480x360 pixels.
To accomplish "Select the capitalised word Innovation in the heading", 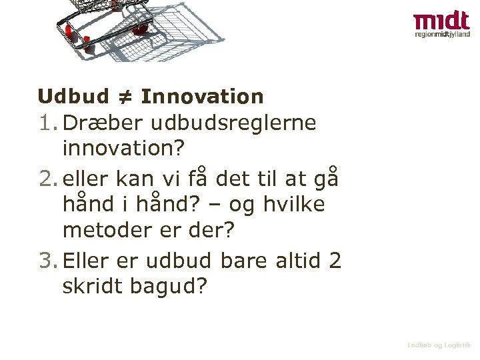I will coord(202,97).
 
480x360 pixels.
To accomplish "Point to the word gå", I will coord(326,179).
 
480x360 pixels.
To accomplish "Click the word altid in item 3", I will coord(298,261).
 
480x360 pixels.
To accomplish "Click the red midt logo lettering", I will coord(441,22).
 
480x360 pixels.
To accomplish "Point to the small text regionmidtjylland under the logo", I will coord(441,35).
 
